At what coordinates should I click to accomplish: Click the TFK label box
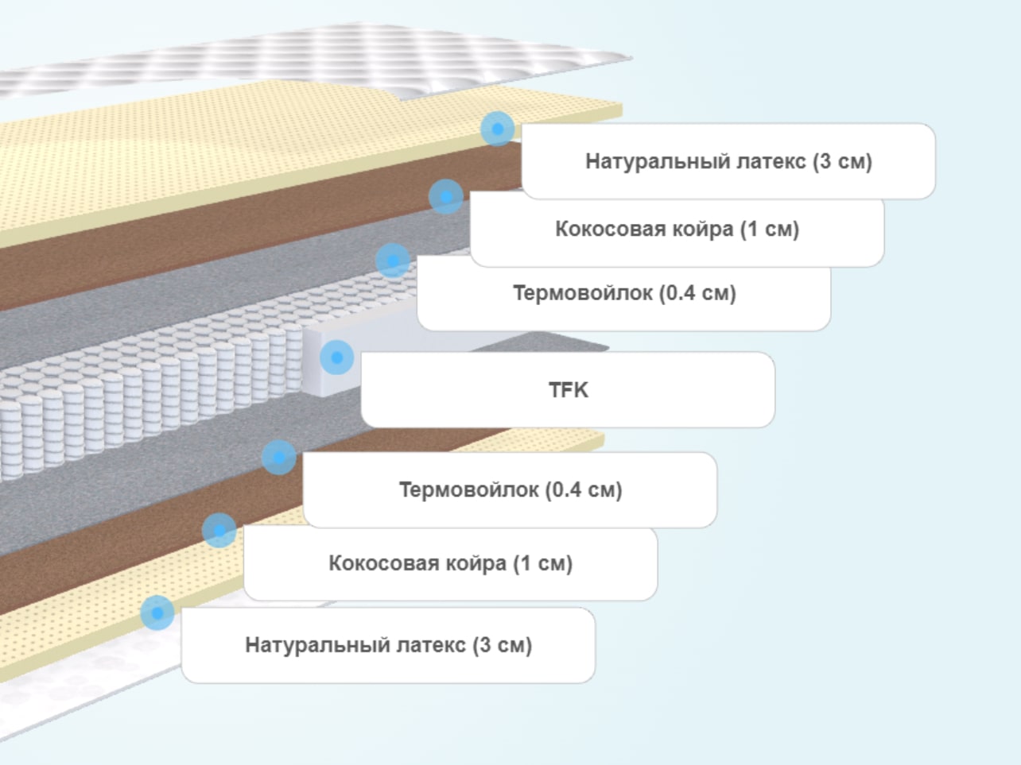[568, 390]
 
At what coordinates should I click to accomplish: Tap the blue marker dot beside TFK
[337, 357]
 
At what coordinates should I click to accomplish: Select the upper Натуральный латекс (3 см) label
[728, 161]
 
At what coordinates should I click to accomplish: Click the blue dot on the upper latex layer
[498, 129]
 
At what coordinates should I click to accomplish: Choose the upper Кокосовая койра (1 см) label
[677, 229]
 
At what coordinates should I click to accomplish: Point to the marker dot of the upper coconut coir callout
[446, 196]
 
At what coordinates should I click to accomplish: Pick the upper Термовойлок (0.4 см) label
[624, 293]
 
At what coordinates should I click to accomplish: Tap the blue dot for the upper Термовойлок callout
[393, 261]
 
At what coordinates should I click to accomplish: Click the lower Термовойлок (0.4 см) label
[510, 489]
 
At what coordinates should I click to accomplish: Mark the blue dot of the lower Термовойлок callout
[279, 458]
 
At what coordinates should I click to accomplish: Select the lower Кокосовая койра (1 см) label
[451, 563]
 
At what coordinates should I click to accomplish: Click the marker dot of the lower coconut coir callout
[219, 531]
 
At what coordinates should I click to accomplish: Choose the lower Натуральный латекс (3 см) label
[388, 645]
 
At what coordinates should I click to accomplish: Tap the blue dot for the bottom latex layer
[157, 613]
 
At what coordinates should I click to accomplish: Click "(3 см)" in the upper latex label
[842, 161]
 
